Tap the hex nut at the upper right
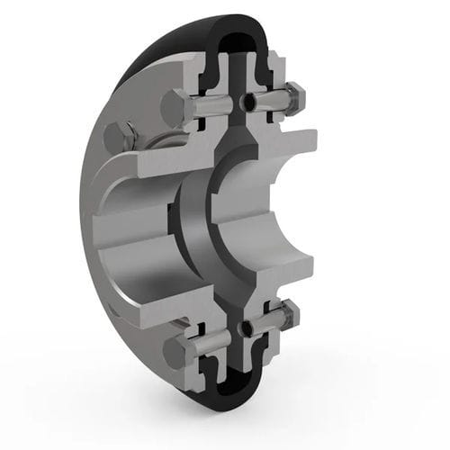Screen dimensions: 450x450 pyautogui.click(x=294, y=96)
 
